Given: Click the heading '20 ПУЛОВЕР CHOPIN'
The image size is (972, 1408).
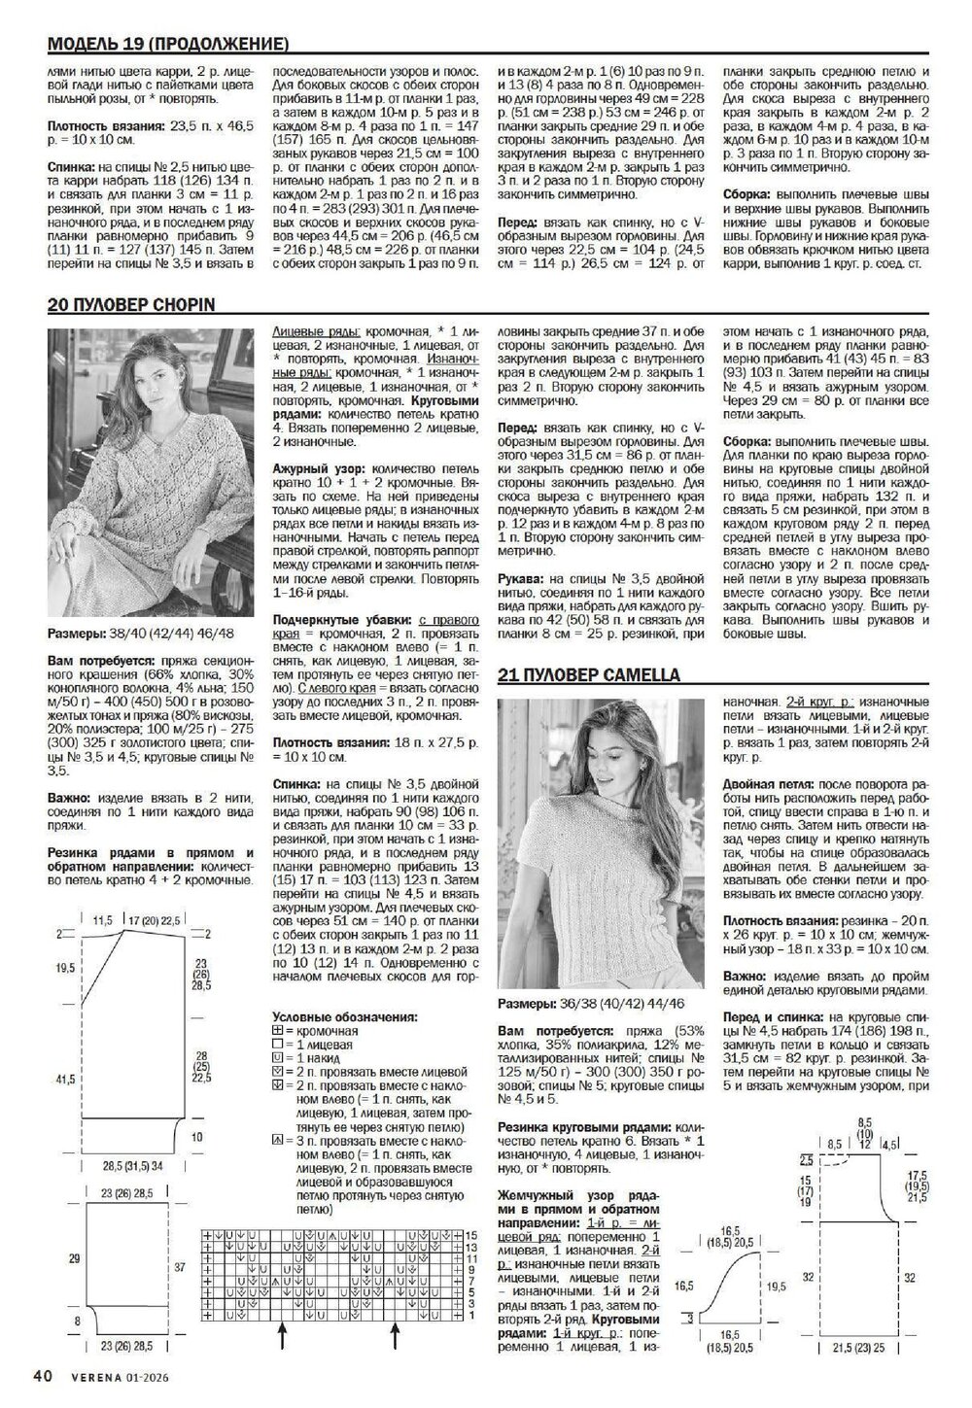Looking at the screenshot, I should [131, 305].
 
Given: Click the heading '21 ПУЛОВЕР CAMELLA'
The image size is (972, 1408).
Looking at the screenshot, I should [602, 674].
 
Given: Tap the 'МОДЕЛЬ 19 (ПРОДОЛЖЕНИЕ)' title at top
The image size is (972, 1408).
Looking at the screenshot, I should [168, 45].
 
